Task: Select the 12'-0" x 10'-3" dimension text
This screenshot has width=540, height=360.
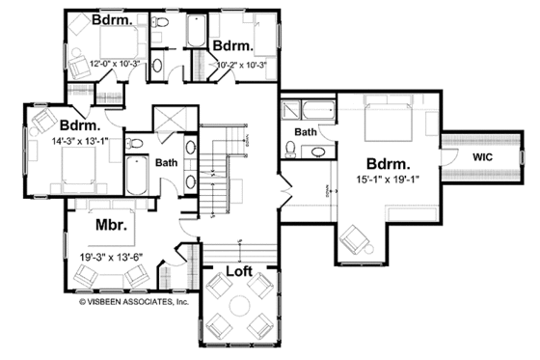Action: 113,64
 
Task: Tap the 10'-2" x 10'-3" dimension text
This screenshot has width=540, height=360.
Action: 236,64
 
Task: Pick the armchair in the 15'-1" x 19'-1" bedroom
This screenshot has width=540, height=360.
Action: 357,238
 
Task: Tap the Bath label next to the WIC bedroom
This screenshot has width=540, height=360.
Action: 306,131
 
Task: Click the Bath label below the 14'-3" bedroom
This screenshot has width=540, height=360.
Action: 165,162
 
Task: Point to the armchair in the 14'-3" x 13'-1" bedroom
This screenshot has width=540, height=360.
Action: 41,120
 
